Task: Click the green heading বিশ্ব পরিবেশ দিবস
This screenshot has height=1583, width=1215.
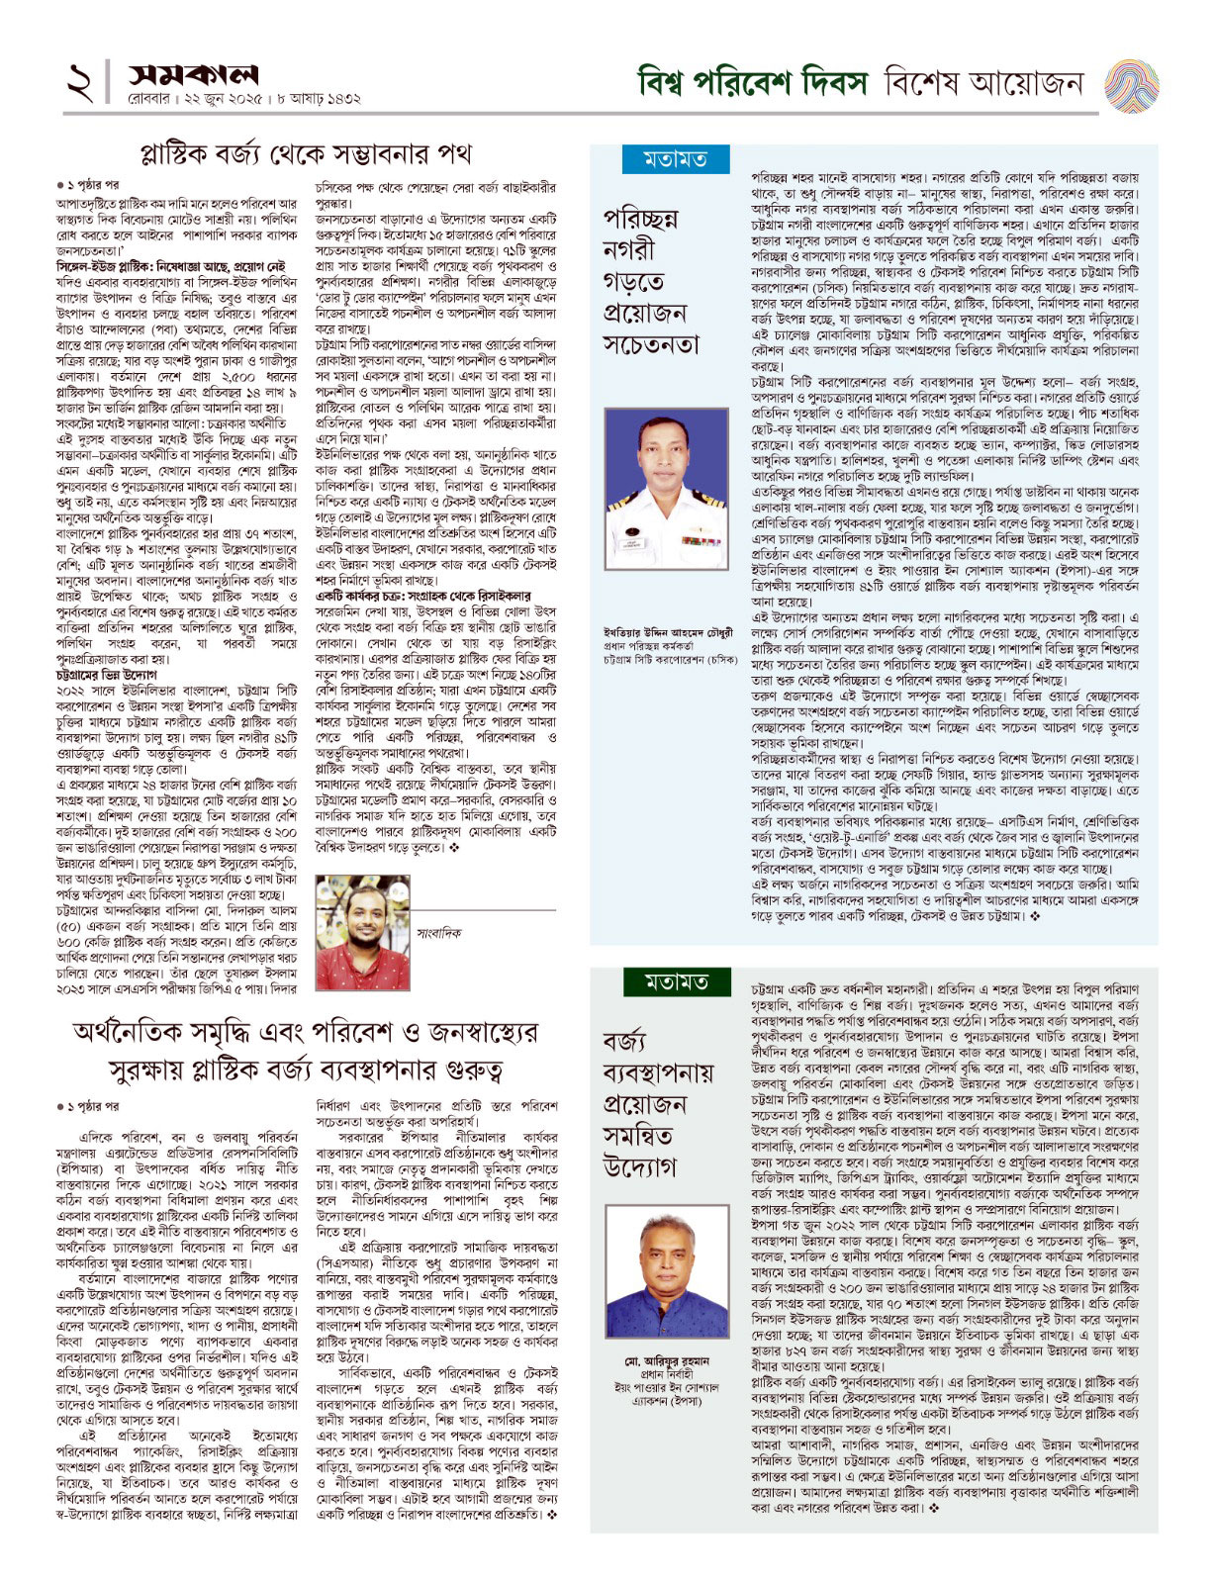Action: click(x=752, y=82)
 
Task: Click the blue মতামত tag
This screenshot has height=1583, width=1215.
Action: click(x=676, y=158)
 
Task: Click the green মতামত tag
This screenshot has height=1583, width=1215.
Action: click(x=676, y=981)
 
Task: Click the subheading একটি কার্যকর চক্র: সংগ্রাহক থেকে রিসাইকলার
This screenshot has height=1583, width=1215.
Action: click(x=422, y=597)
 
